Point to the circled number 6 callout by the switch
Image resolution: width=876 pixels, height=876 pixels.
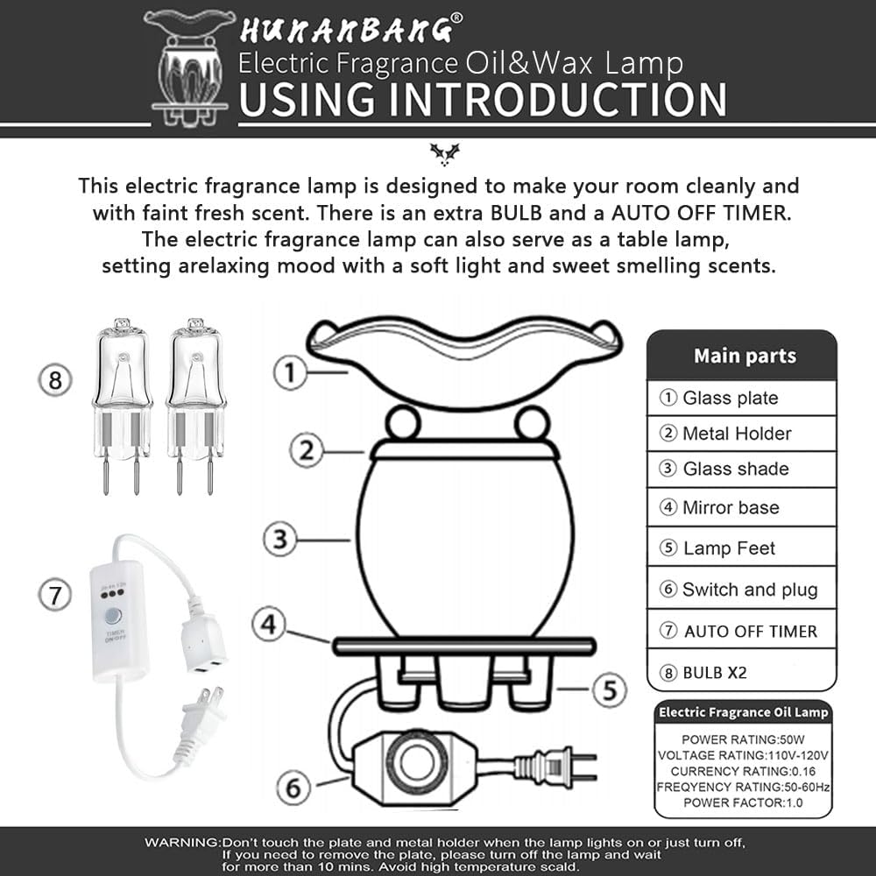[295, 788]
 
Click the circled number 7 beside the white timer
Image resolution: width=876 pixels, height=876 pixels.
[55, 596]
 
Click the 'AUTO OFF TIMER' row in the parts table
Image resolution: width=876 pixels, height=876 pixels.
[741, 631]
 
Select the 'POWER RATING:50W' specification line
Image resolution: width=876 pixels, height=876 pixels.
[743, 739]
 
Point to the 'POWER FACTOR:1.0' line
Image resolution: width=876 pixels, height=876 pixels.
[743, 802]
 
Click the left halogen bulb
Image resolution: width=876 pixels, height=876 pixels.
[122, 402]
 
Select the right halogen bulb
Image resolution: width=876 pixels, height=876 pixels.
[195, 402]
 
